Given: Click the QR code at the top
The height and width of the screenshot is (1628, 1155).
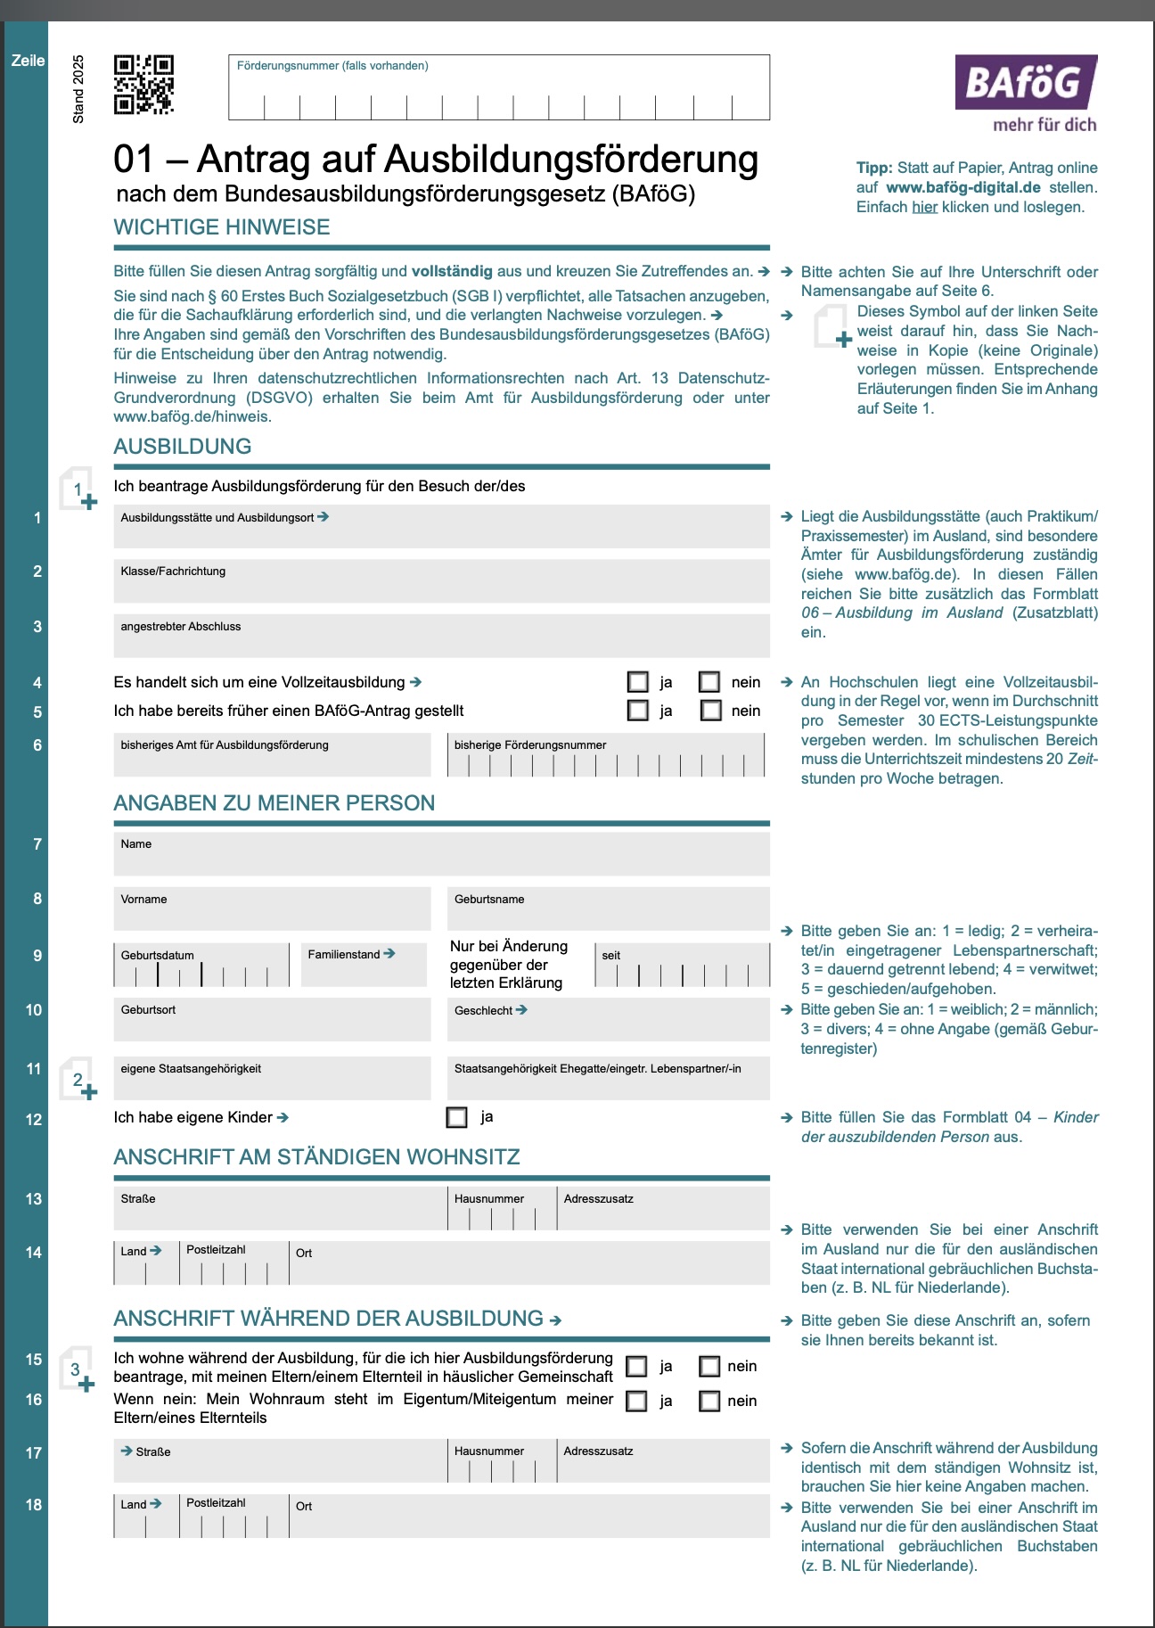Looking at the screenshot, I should [x=143, y=85].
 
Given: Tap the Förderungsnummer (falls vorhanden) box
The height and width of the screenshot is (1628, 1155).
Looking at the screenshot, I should [x=499, y=88].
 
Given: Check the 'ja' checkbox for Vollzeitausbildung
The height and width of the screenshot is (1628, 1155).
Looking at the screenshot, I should [x=638, y=682].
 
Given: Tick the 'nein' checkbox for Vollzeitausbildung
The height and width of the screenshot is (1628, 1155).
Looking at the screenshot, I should [x=709, y=682].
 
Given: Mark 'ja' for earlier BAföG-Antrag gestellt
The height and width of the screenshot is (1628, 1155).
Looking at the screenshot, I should [x=638, y=711].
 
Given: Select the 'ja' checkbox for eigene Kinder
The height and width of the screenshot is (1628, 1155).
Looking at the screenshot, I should [x=457, y=1117].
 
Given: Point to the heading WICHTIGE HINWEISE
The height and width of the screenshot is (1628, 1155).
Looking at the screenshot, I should [x=222, y=227].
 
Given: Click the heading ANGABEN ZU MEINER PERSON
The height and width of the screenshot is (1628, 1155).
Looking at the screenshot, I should [x=274, y=803].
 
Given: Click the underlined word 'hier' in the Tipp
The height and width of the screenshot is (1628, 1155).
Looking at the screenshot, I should [x=924, y=207].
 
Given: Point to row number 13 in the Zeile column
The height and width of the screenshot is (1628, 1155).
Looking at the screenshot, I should [x=34, y=1199].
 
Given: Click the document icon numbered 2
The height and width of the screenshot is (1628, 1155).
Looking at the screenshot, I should [x=78, y=1080].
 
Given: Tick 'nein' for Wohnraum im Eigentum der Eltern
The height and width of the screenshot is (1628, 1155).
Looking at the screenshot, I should [x=709, y=1402].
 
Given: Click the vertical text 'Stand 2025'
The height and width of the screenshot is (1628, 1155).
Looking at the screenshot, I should [x=78, y=89].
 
